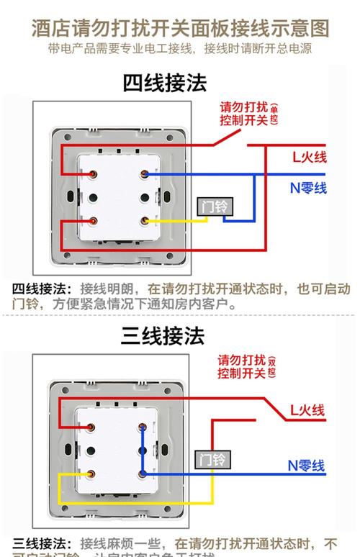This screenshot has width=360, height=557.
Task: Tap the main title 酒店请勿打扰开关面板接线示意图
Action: coord(180,28)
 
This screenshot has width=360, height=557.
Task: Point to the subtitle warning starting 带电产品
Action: coord(180,49)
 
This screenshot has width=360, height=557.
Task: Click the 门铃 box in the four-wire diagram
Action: coord(214,206)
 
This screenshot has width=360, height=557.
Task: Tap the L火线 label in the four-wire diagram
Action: coord(309,158)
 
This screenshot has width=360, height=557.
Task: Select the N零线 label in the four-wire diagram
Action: coord(308,188)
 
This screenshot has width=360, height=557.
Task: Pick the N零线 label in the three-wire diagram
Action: coord(307,466)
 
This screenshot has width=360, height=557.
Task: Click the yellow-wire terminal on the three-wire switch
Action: coord(93,474)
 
